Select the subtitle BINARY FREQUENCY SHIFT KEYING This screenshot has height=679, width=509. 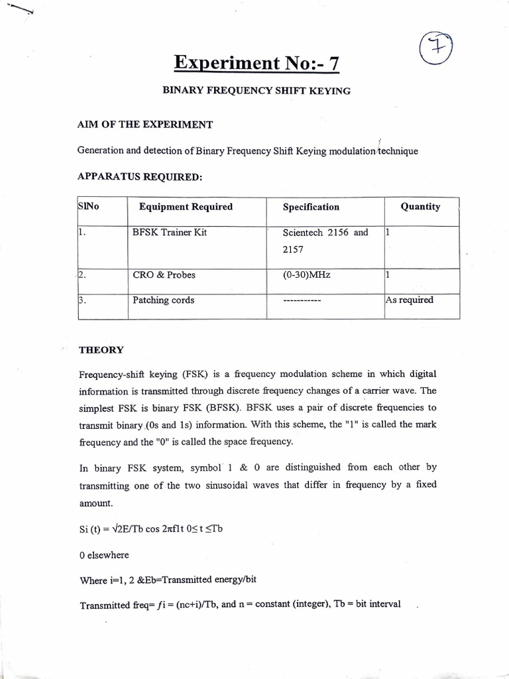tap(256, 90)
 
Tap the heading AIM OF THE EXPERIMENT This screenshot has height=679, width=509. tap(145, 125)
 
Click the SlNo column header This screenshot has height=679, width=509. tap(88, 207)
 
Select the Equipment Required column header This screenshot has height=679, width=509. tap(186, 207)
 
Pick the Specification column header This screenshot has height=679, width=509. tap(311, 207)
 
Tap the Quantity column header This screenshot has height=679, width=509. tap(420, 206)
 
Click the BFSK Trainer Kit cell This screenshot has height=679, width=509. tap(170, 233)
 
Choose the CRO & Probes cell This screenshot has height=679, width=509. tap(164, 275)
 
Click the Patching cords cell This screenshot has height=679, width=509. tap(164, 300)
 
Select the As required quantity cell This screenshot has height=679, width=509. tap(409, 300)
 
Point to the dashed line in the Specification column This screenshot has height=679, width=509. tap(302, 301)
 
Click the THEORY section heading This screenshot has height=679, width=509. tap(101, 349)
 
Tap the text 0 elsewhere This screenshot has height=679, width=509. tap(105, 554)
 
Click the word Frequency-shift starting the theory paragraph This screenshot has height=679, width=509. tap(113, 375)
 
